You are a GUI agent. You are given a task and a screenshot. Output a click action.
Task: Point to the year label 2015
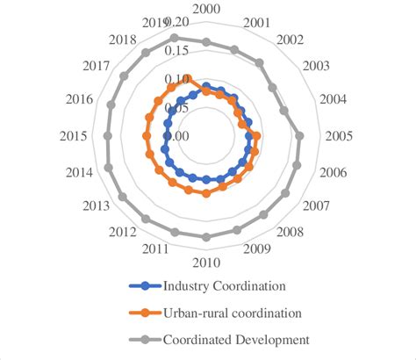point(73,136)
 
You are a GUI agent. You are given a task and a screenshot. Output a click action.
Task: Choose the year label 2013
point(97,206)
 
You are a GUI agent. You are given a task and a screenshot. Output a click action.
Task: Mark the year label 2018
point(127,40)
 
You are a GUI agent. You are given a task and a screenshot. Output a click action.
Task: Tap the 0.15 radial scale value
point(176,51)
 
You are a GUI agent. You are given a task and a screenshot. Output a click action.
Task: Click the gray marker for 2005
point(299,136)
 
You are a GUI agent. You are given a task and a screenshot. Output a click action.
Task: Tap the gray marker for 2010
point(205,236)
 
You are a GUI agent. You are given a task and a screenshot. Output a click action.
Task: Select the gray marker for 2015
point(107,136)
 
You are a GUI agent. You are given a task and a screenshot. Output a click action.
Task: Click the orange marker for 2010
point(205,193)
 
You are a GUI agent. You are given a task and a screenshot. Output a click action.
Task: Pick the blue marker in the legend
point(144,285)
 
